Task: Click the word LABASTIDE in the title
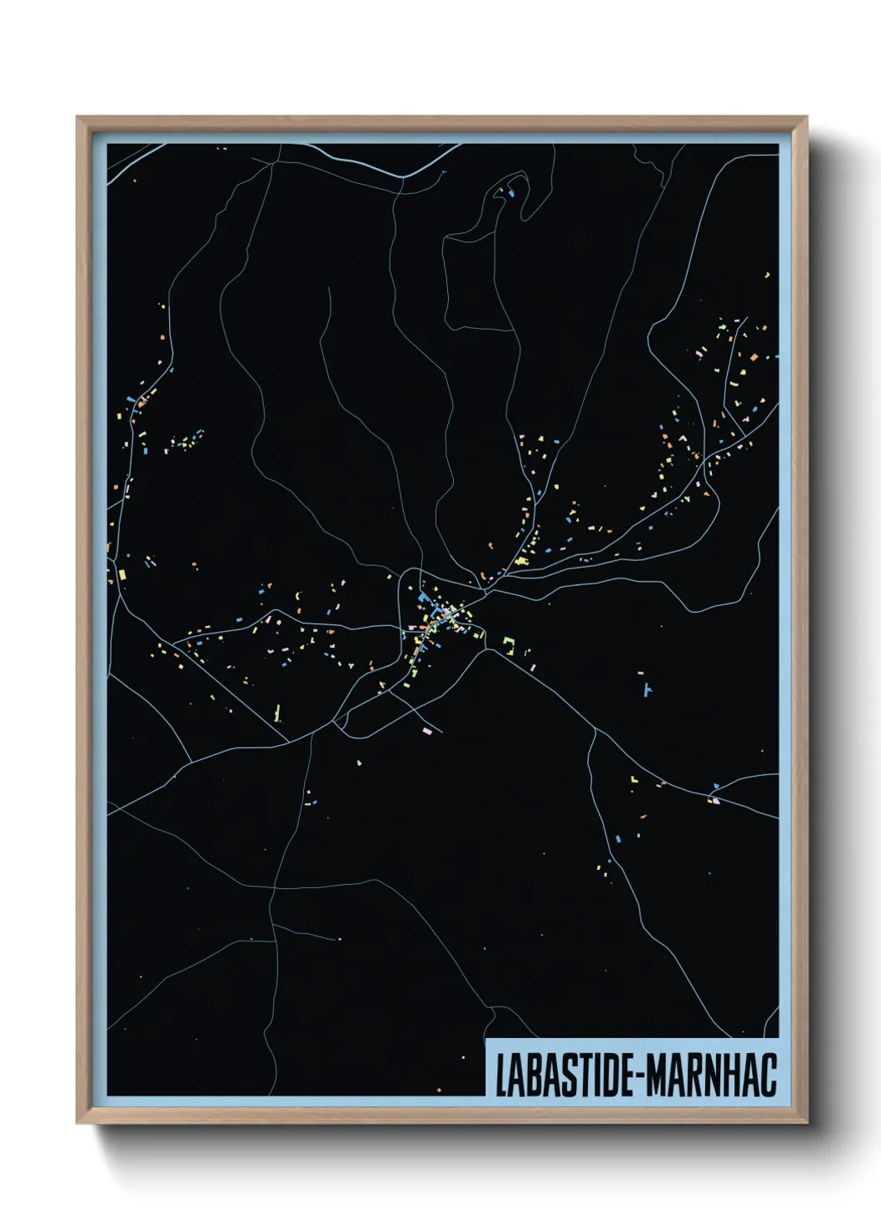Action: point(564,1075)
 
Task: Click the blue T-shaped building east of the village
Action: point(647,689)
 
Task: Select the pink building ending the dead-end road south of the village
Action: point(427,731)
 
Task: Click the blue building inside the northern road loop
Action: point(510,194)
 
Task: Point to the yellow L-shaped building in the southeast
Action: point(633,779)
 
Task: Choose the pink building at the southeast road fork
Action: point(714,800)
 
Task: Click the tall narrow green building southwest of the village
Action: point(277,713)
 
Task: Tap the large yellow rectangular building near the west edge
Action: point(122,574)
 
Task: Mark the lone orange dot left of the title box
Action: point(439,1090)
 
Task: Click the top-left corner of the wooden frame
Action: point(78,118)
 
